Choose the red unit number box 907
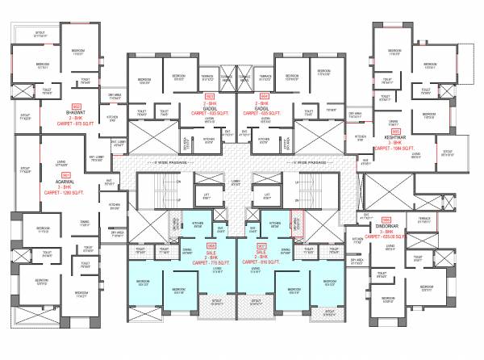[261, 245]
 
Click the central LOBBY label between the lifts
[236, 182]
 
